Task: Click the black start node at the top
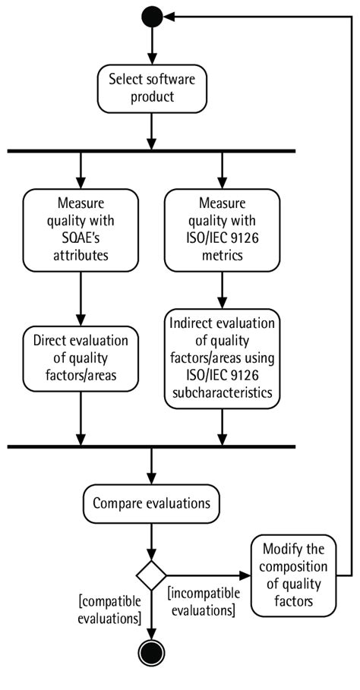(x=152, y=15)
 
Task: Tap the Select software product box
(x=152, y=88)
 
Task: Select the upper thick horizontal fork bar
(x=151, y=151)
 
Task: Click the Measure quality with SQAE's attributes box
(x=81, y=227)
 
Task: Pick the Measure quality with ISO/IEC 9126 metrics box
(x=222, y=227)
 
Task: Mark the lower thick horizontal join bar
(x=151, y=446)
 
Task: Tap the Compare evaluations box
(x=152, y=503)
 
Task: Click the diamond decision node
(x=152, y=575)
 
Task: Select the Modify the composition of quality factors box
(x=295, y=575)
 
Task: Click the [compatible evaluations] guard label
(x=110, y=610)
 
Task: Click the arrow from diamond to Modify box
(x=209, y=575)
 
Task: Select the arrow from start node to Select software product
(x=152, y=46)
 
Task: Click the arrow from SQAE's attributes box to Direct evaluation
(x=81, y=298)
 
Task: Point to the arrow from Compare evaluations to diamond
(x=152, y=540)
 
